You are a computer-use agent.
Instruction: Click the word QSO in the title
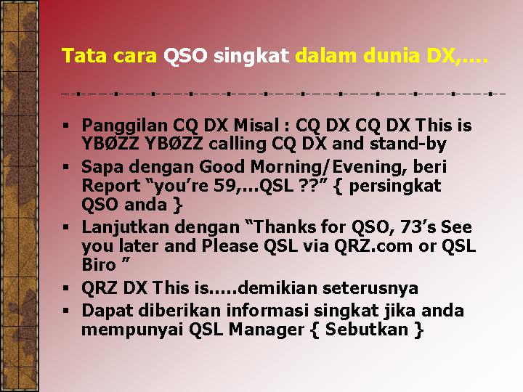click(185, 56)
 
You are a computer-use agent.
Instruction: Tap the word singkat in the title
click(251, 57)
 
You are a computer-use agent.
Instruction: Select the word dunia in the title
click(391, 55)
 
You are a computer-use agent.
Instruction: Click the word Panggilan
click(124, 126)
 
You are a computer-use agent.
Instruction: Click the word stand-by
click(408, 144)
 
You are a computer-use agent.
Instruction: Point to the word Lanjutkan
click(125, 228)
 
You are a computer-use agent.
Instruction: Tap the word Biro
click(99, 265)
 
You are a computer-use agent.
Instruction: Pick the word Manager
click(266, 330)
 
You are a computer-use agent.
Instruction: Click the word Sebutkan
click(367, 330)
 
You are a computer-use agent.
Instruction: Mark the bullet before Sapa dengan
click(65, 166)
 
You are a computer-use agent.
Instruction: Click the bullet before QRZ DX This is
click(65, 288)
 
